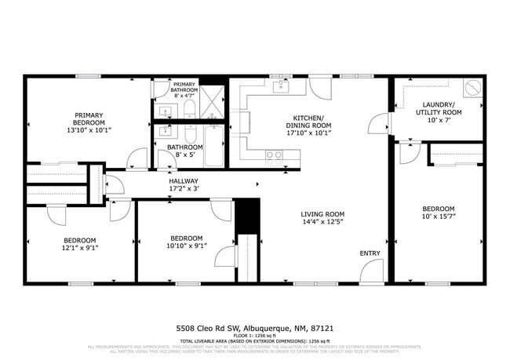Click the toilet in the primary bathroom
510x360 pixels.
click(191, 108)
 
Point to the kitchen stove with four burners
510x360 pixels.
click(274, 155)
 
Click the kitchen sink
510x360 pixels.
click(280, 86)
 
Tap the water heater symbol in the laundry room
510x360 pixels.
click(472, 88)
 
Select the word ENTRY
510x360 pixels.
click(370, 253)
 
